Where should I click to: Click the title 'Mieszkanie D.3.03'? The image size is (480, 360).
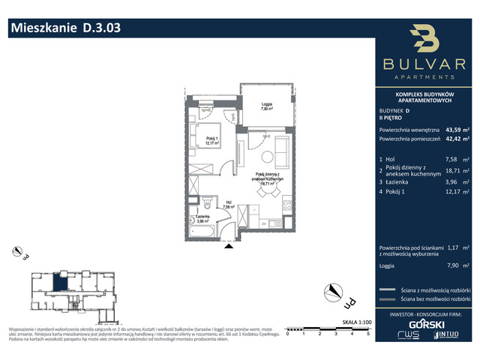pos(64,28)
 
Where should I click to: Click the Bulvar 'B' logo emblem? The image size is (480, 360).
pos(424,40)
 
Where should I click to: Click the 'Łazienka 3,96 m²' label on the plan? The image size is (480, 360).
pos(202,220)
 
